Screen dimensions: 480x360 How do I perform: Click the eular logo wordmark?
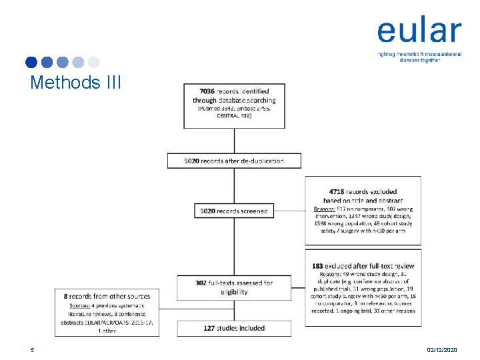point(419,31)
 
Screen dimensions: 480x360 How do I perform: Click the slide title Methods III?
point(76,83)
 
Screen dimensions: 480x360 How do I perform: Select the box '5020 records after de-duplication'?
point(234,161)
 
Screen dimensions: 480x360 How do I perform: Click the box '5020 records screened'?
point(233,211)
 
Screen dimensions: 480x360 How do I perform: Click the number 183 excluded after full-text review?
point(321,265)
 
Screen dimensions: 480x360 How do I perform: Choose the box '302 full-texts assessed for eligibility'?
point(233,287)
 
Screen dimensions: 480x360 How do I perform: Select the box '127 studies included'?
point(233,328)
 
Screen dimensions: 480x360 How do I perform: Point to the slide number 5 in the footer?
point(31,349)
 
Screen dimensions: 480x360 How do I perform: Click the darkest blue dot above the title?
point(31,63)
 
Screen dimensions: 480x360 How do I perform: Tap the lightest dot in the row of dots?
point(94,63)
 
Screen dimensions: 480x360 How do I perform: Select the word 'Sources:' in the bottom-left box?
point(79,305)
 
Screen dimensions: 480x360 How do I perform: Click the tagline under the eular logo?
point(419,56)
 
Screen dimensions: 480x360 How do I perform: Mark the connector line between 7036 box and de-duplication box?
point(234,140)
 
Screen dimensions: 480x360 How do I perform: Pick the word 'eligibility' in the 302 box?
point(233,292)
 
